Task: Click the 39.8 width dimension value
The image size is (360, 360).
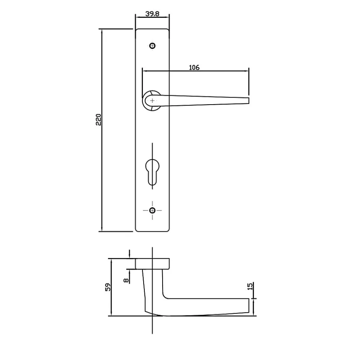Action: click(x=152, y=14)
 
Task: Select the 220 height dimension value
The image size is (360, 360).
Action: click(x=98, y=120)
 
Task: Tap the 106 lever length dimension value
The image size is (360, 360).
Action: click(x=194, y=67)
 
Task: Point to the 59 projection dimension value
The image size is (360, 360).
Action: click(x=108, y=287)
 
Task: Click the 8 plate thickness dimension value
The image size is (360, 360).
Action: click(x=126, y=280)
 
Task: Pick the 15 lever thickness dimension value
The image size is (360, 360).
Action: click(x=250, y=286)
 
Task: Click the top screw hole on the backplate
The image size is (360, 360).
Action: click(x=152, y=46)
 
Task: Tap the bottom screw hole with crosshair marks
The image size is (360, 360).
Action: click(x=152, y=210)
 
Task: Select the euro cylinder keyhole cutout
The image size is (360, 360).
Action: click(x=152, y=172)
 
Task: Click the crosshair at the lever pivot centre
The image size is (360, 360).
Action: click(x=152, y=101)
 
